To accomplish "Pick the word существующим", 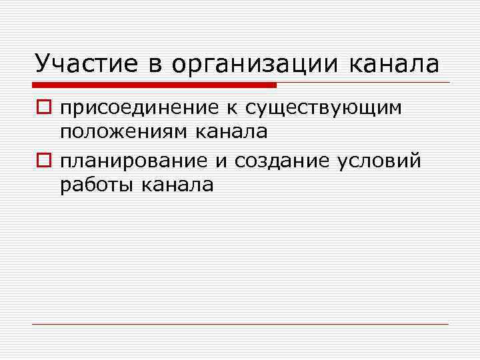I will [324, 109].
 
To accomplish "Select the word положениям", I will [125, 132].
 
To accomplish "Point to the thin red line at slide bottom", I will [240, 324].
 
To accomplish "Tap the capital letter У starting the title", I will [41, 64].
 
